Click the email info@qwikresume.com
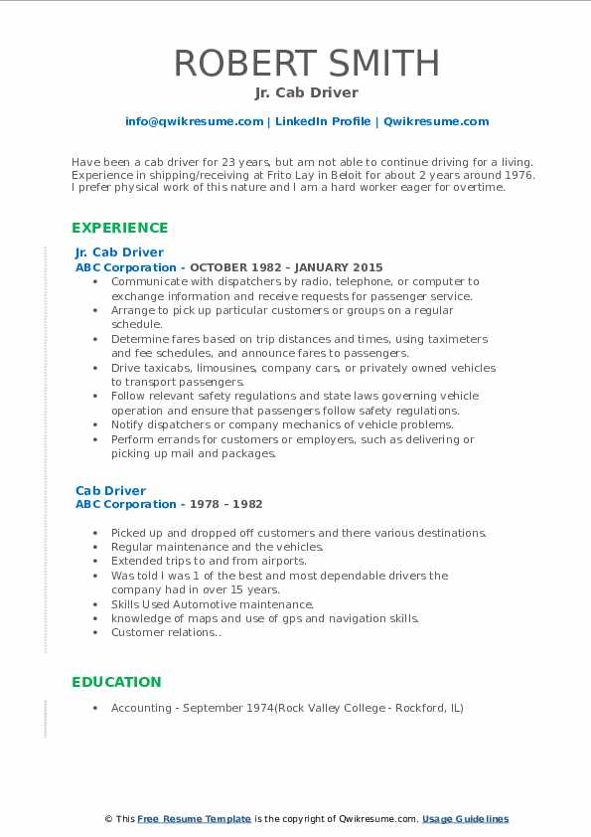[194, 121]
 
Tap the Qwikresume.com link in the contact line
[436, 121]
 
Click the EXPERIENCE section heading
[119, 228]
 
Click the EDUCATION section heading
[116, 682]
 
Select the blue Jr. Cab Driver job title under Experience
[119, 252]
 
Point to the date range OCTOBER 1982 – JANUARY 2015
[286, 267]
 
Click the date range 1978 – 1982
[226, 505]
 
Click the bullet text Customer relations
[165, 632]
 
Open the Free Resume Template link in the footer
[194, 819]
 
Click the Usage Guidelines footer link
[465, 819]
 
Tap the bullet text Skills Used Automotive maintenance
[212, 604]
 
